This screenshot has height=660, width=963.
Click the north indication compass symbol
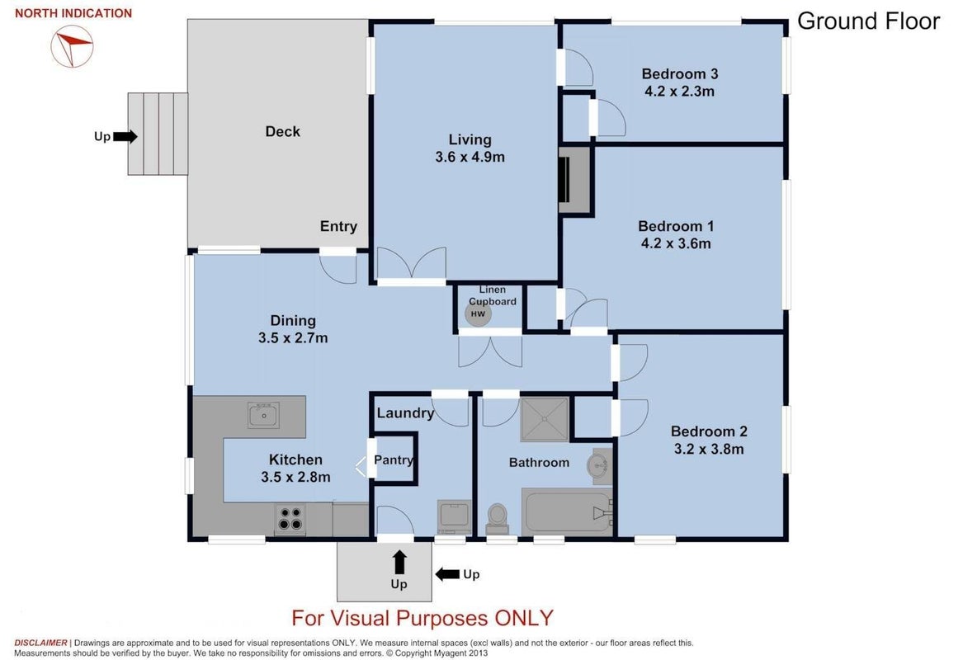tap(72, 46)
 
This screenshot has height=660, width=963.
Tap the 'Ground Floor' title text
tap(868, 21)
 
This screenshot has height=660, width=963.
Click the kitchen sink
tap(263, 415)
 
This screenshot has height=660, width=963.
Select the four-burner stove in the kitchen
tap(290, 518)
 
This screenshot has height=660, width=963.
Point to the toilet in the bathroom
tap(497, 519)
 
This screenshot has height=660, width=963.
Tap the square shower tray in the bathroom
tap(544, 419)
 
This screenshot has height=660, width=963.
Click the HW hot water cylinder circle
tap(478, 313)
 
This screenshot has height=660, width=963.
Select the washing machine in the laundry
tap(454, 517)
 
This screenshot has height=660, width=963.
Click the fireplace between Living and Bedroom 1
tap(574, 179)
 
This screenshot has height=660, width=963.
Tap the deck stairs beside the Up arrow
tap(158, 134)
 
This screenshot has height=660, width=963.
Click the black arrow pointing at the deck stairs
tap(125, 136)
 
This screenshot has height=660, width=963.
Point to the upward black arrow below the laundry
tap(399, 562)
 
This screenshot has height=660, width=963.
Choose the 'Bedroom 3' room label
tap(679, 73)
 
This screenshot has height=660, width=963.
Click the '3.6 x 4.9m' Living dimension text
tap(470, 158)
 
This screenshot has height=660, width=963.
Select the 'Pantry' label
tap(393, 460)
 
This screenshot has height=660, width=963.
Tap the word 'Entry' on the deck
tap(338, 227)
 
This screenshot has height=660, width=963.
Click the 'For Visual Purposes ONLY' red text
tap(422, 618)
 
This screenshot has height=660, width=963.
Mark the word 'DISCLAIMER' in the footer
tap(40, 643)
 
